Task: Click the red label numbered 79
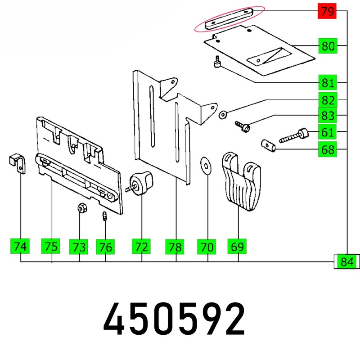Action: tap(327, 11)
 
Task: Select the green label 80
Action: tap(328, 46)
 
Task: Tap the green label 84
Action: tap(346, 261)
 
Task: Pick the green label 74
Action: tap(20, 246)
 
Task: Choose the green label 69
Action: tap(237, 246)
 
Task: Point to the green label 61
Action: tap(328, 132)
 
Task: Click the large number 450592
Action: tap(174, 319)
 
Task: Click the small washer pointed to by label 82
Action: tap(223, 114)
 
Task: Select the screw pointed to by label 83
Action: tap(243, 126)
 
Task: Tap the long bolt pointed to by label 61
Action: tap(294, 136)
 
